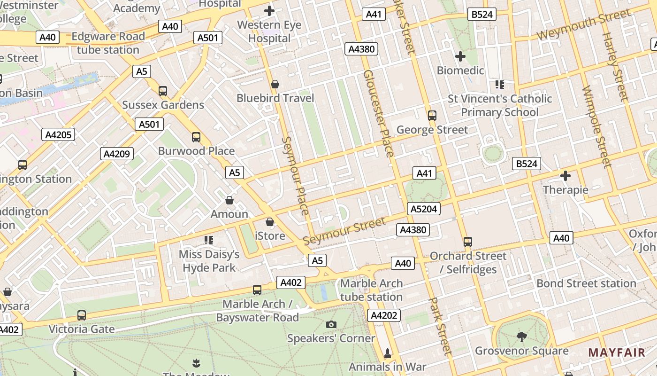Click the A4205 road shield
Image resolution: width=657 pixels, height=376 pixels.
tap(59, 135)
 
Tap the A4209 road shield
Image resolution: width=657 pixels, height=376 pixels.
tap(117, 154)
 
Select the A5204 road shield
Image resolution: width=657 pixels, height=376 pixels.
tap(424, 209)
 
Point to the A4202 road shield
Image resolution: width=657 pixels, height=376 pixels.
tap(384, 315)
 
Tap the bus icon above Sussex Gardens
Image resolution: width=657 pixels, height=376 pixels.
tap(163, 91)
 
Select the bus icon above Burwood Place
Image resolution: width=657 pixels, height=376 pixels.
tap(196, 137)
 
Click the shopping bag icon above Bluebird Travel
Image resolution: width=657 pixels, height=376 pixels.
tap(275, 84)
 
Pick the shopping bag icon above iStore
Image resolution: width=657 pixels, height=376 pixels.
tap(270, 222)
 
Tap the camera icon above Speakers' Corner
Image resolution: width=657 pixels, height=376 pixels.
tap(331, 324)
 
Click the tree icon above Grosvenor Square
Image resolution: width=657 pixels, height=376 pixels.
tap(521, 337)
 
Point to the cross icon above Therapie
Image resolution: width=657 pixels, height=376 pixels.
tap(565, 176)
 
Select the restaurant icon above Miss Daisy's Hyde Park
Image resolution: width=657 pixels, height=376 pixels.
tap(209, 241)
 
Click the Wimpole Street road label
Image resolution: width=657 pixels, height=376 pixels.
tap(597, 127)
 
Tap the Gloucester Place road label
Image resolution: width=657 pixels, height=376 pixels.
tap(378, 113)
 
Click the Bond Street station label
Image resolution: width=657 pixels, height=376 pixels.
tap(586, 283)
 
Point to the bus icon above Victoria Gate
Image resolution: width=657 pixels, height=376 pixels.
tap(82, 315)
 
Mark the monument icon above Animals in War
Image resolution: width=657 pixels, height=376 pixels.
tap(388, 352)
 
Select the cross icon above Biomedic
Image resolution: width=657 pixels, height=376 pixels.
tap(460, 56)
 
